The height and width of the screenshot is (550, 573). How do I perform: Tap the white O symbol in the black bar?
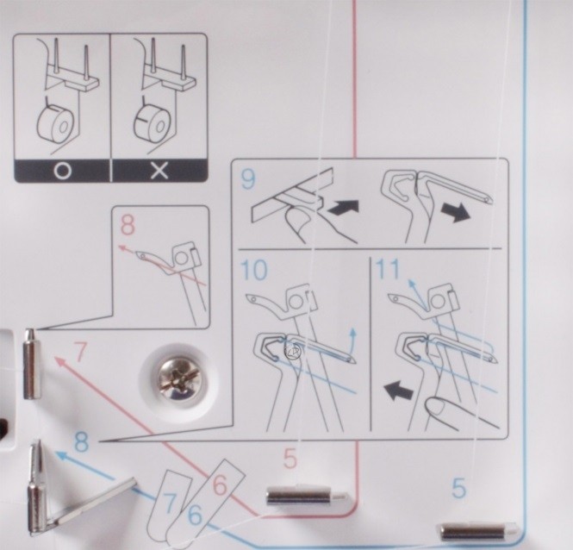(x=63, y=171)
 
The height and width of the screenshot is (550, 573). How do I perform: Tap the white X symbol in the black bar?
(x=159, y=171)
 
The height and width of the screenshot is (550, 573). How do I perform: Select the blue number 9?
(x=248, y=178)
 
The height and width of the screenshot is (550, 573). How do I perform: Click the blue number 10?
(x=254, y=270)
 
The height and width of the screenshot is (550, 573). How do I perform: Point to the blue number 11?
(x=388, y=269)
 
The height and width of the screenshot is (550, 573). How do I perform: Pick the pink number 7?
(x=80, y=351)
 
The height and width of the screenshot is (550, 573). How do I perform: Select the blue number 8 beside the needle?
(x=82, y=441)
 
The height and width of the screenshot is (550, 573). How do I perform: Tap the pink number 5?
(x=290, y=459)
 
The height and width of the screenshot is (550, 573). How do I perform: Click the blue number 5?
(x=459, y=488)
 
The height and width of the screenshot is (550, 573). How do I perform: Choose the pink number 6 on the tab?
(x=220, y=485)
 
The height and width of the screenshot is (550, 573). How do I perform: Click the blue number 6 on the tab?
(x=195, y=515)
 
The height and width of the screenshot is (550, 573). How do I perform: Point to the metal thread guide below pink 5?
(x=306, y=497)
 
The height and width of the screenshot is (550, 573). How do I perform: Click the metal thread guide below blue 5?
(x=476, y=532)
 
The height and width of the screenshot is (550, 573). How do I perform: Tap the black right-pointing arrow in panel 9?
(x=456, y=212)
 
